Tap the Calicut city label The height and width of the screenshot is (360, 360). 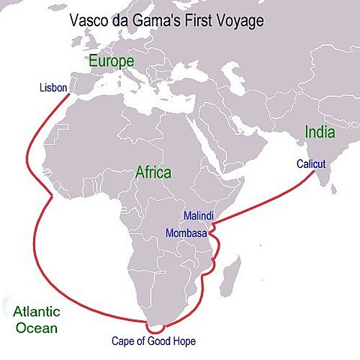click(310, 162)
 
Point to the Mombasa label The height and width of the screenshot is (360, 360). click(186, 232)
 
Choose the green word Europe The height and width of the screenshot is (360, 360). click(111, 60)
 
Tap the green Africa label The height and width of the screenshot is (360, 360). click(153, 172)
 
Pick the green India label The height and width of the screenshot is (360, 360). click(319, 132)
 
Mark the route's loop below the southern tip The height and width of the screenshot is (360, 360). click(156, 327)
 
